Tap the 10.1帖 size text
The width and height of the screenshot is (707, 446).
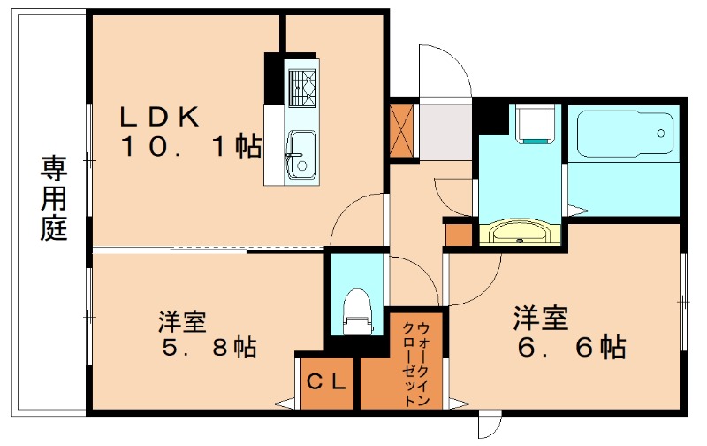click(191, 147)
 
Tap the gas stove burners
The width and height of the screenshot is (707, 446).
click(302, 85)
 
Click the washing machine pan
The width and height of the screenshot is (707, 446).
click(536, 123)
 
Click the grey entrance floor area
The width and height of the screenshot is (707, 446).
click(445, 133)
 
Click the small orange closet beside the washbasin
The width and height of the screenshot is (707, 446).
click(460, 234)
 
